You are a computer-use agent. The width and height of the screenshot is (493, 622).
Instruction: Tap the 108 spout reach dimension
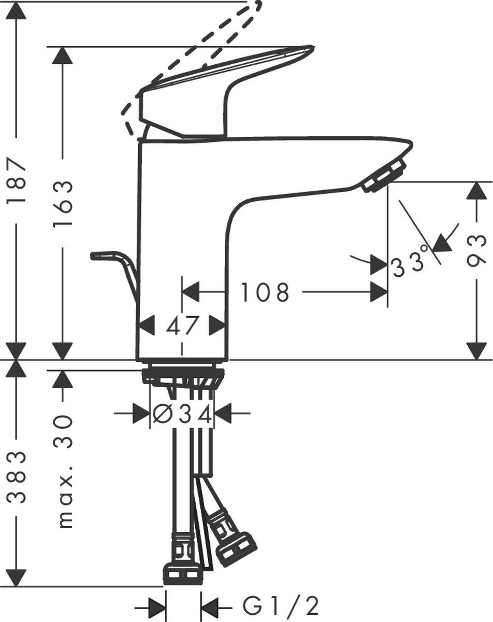click(x=264, y=292)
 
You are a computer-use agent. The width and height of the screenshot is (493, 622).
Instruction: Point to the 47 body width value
click(x=183, y=326)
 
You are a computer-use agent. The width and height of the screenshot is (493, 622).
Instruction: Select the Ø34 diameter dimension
click(x=183, y=414)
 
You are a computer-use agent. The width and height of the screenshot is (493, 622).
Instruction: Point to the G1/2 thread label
click(x=280, y=605)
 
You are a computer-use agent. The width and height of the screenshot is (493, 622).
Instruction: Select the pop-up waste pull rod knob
click(x=104, y=255)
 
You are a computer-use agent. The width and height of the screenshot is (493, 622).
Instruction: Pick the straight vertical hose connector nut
click(x=182, y=572)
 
